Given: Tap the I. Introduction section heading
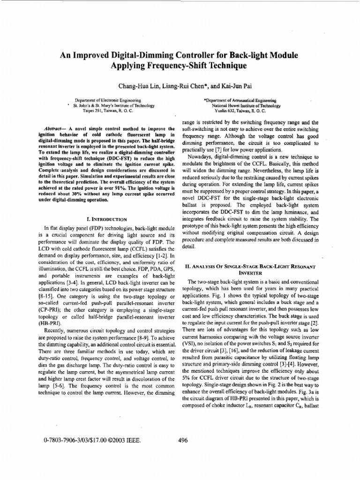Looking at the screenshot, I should click(x=107, y=219).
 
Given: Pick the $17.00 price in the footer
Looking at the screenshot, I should click(x=97, y=440).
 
